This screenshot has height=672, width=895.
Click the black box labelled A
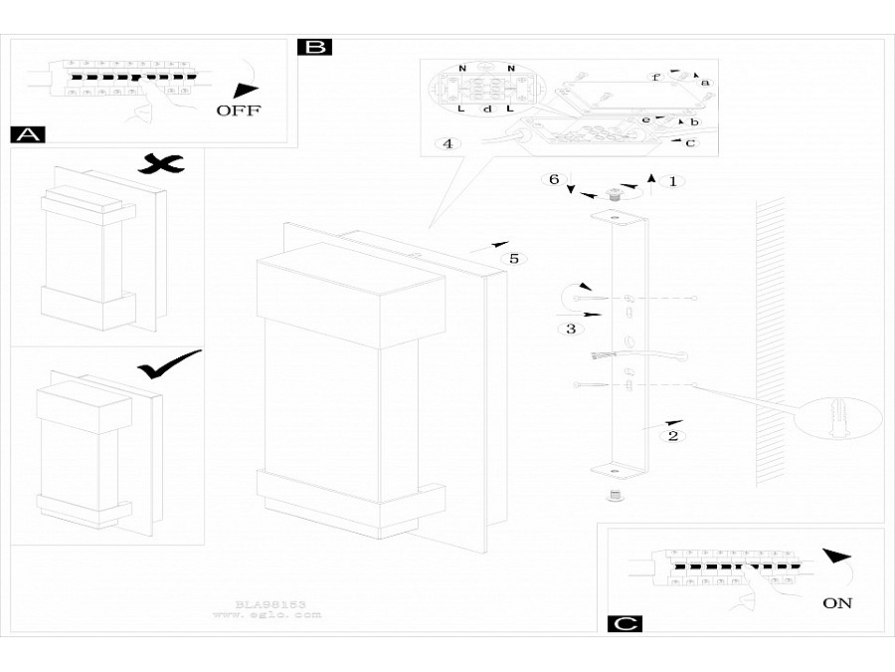click(x=27, y=135)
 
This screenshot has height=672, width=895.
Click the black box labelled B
click(x=314, y=47)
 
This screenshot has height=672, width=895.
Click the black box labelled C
click(x=624, y=624)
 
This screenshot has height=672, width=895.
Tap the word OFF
click(x=239, y=111)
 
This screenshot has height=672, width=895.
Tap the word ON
click(x=837, y=602)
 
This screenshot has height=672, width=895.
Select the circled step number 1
click(x=673, y=181)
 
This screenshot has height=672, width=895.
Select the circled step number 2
click(x=673, y=435)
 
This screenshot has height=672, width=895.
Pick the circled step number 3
click(x=570, y=329)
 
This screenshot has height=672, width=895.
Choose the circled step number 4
click(x=448, y=144)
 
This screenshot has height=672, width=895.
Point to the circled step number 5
click(x=514, y=259)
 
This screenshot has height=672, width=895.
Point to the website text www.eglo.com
click(x=268, y=615)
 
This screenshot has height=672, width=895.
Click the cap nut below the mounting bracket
click(x=616, y=495)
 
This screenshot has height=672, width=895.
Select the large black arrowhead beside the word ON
click(x=839, y=557)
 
